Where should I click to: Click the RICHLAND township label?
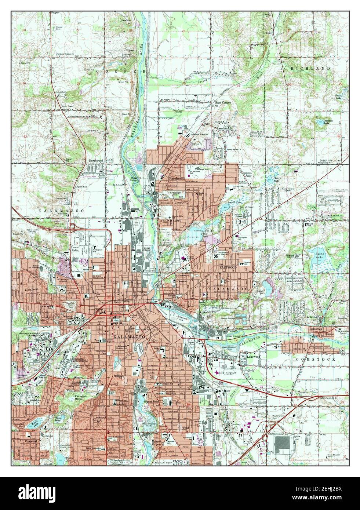[305, 69]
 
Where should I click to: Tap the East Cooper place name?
[223, 103]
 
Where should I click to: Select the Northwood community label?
[96, 161]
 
